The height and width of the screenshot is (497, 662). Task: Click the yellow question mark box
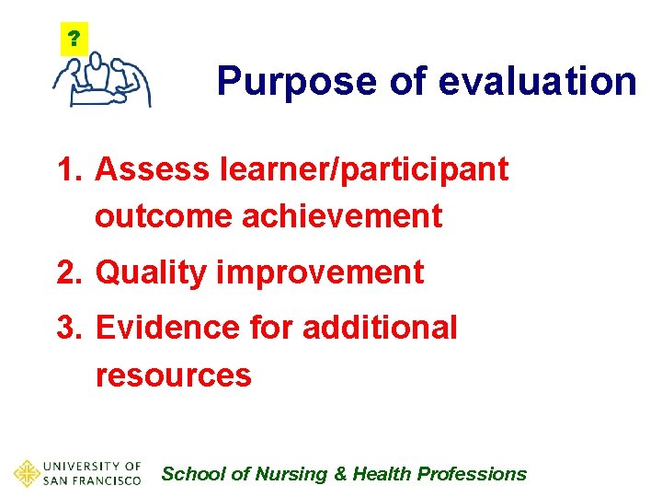(74, 40)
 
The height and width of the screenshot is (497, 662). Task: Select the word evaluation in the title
(537, 82)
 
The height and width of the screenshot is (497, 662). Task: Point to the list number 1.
(68, 169)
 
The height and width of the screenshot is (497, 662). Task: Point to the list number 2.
(68, 272)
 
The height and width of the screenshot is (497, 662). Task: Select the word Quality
(149, 272)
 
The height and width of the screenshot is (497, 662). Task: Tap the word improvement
(318, 272)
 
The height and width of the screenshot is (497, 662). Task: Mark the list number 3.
(68, 328)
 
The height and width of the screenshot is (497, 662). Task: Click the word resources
(173, 376)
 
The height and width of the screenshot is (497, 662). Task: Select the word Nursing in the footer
(291, 474)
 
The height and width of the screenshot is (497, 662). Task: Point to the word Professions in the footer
(472, 474)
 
